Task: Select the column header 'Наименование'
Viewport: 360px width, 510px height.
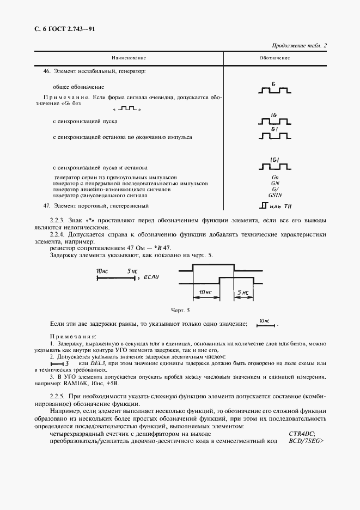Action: pos(129,58)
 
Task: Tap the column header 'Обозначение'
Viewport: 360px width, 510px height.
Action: pos(274,58)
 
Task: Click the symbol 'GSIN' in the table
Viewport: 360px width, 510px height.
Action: pos(275,195)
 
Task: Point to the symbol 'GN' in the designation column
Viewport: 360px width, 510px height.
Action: pos(275,184)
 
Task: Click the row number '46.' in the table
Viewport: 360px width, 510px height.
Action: pos(46,71)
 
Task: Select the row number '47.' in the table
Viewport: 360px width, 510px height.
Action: pos(46,205)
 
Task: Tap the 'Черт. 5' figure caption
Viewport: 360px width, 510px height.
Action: pos(181,310)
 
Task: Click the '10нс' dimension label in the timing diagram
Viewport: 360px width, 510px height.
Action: pos(205,293)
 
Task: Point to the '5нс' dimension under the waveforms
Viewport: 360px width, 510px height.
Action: pos(242,293)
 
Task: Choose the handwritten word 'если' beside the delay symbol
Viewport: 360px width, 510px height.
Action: pos(154,277)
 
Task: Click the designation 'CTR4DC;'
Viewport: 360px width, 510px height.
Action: pos(302,433)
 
